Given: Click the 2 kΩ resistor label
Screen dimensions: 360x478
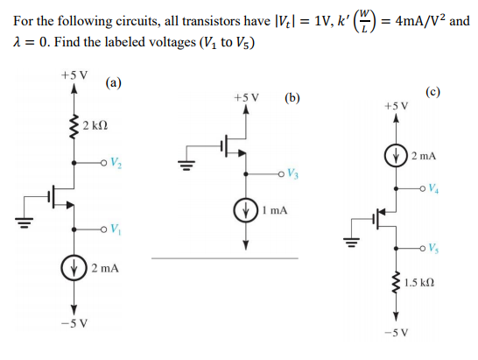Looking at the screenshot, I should pos(97,130).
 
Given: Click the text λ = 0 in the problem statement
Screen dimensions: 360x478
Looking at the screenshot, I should pos(35,46).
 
